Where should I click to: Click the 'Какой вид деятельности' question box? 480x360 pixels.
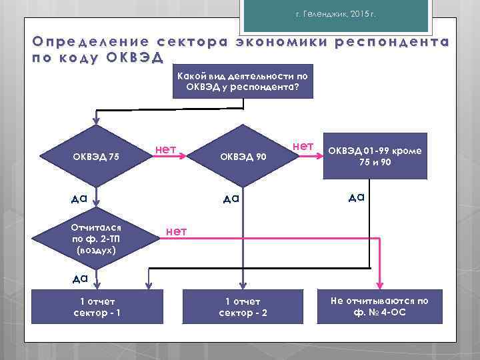243,82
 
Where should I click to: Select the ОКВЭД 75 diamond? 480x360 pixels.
96,157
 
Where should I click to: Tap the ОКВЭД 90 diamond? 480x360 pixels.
243,157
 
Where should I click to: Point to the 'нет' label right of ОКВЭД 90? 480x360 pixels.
303,145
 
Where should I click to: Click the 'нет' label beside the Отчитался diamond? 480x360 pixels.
176,231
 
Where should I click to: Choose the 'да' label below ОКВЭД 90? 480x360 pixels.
231,198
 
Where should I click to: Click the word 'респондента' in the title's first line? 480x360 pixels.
393,41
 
